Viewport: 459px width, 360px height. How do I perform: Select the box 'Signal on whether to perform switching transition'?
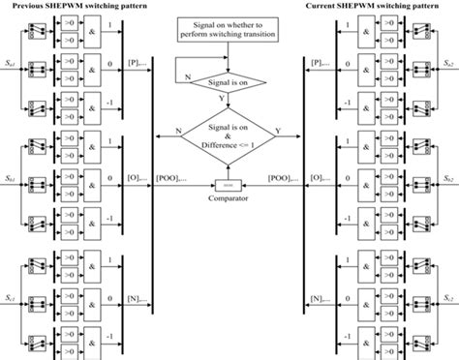pos(229,29)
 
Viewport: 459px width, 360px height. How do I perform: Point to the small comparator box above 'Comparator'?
pos(229,181)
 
